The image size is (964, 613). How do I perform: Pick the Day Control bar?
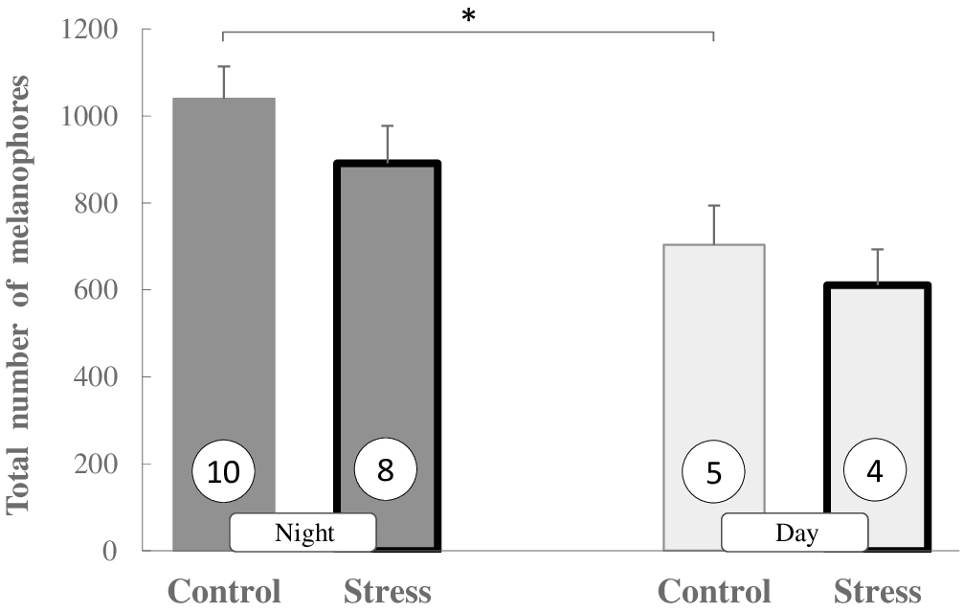713,364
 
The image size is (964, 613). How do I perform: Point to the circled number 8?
386,470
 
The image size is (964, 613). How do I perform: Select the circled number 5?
713,472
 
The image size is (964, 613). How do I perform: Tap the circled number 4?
876,472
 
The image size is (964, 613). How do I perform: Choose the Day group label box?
795,533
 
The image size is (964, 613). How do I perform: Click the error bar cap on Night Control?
224,66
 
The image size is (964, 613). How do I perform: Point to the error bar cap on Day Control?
713,205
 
